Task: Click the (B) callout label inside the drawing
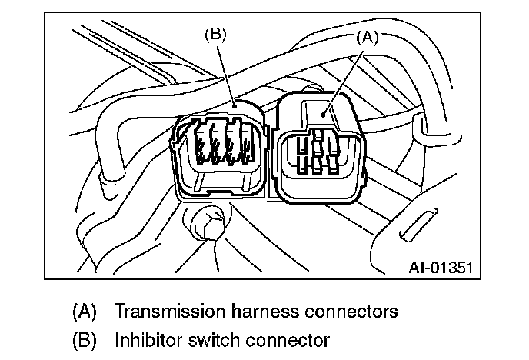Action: pyautogui.click(x=215, y=35)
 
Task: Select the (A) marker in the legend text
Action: pyautogui.click(x=84, y=312)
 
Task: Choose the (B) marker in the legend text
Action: pyautogui.click(x=84, y=339)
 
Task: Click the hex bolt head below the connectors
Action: pyautogui.click(x=208, y=224)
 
